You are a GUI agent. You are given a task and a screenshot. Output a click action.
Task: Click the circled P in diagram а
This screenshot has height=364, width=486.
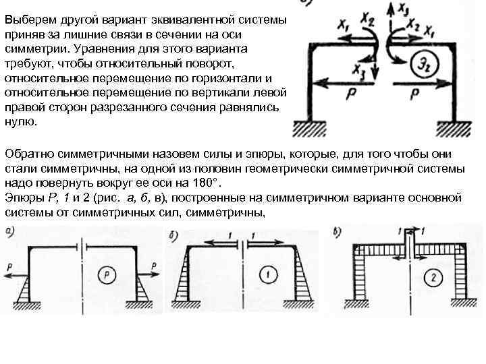[106, 274]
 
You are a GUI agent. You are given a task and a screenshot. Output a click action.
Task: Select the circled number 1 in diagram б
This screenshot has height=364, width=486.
[266, 274]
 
